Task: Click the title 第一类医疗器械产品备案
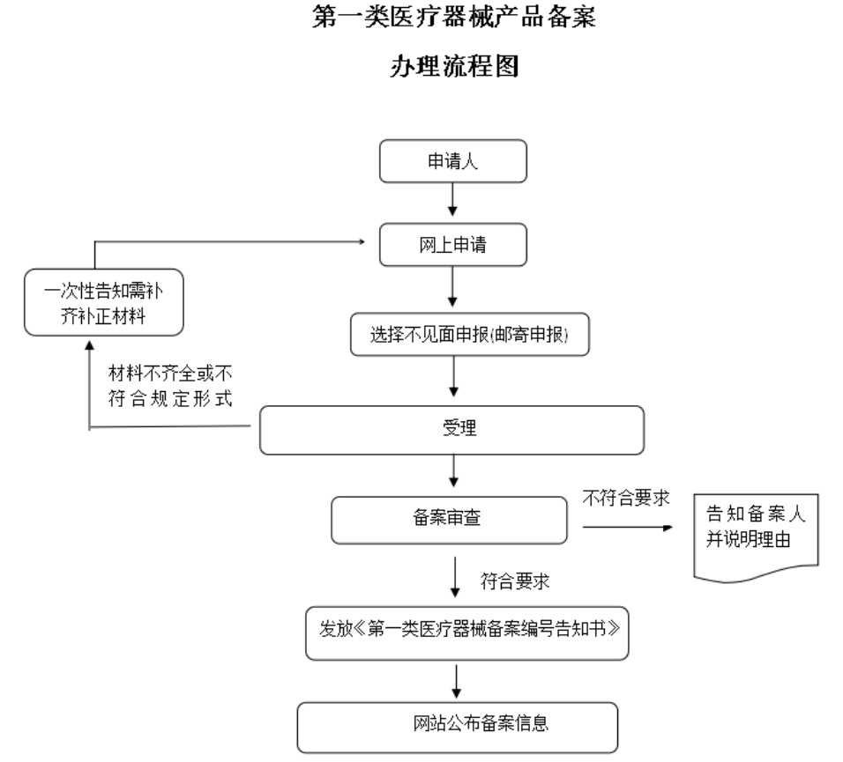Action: point(453,18)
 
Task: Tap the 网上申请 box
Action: point(453,245)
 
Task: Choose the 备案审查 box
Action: point(447,521)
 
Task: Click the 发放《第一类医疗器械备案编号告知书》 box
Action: point(466,633)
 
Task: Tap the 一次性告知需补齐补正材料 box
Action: point(103,303)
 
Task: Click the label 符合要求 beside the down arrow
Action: point(516,582)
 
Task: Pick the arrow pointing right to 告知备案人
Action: point(626,528)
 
